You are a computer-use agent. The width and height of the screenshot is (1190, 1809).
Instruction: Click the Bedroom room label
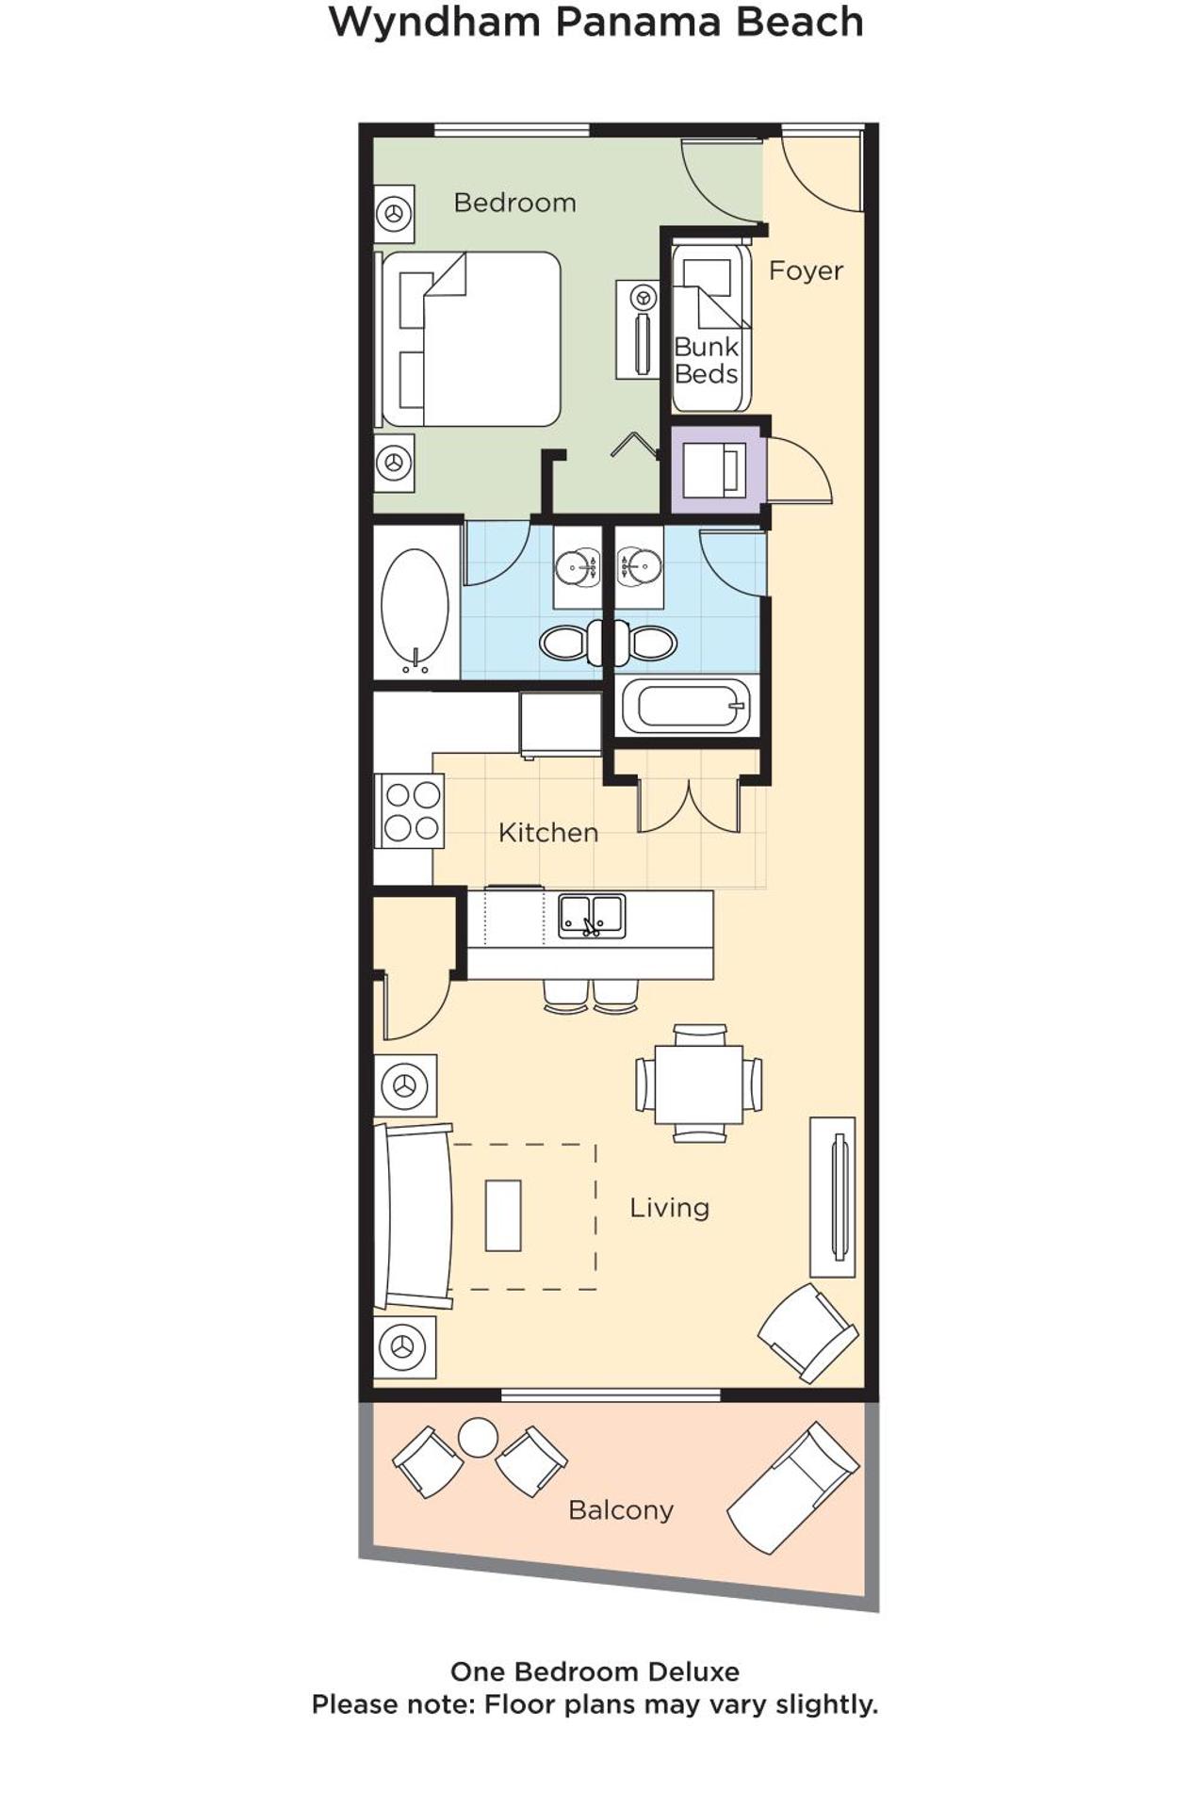(x=514, y=203)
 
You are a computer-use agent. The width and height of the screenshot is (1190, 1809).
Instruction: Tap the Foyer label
(x=805, y=271)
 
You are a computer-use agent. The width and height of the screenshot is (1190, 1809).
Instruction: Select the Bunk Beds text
(x=706, y=361)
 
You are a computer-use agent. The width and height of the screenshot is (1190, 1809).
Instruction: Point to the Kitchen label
(x=547, y=833)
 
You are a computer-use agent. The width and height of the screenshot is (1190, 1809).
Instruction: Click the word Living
(x=669, y=1208)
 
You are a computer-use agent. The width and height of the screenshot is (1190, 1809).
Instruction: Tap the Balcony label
(x=621, y=1510)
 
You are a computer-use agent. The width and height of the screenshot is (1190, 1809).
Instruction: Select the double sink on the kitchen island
(x=592, y=915)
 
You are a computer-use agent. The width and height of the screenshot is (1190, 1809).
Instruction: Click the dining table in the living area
(x=698, y=1084)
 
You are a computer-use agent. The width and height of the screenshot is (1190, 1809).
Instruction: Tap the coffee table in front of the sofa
(x=503, y=1214)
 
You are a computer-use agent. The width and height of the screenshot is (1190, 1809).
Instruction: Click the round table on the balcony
(x=478, y=1438)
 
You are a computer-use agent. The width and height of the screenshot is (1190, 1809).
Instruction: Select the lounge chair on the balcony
(x=792, y=1489)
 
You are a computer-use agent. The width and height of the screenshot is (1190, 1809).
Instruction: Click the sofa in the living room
(x=413, y=1216)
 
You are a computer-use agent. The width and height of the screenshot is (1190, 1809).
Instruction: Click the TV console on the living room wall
(x=833, y=1197)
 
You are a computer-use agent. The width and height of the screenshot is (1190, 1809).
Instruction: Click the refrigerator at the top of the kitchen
(x=560, y=724)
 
